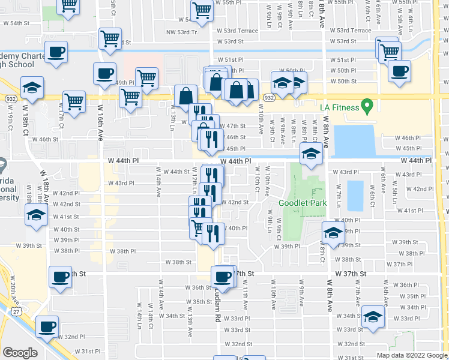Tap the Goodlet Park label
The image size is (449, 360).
click(303, 203)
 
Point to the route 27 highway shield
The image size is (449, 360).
click(15, 308)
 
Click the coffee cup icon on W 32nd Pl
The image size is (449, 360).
click(46, 328)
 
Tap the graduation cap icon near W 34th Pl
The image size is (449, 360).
click(372, 318)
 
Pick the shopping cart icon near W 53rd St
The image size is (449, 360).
click(110, 38)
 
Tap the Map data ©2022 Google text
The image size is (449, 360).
click(412, 355)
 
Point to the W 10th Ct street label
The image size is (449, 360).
click(256, 183)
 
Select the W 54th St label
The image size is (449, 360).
click(16, 23)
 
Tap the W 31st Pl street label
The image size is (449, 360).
click(88, 351)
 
